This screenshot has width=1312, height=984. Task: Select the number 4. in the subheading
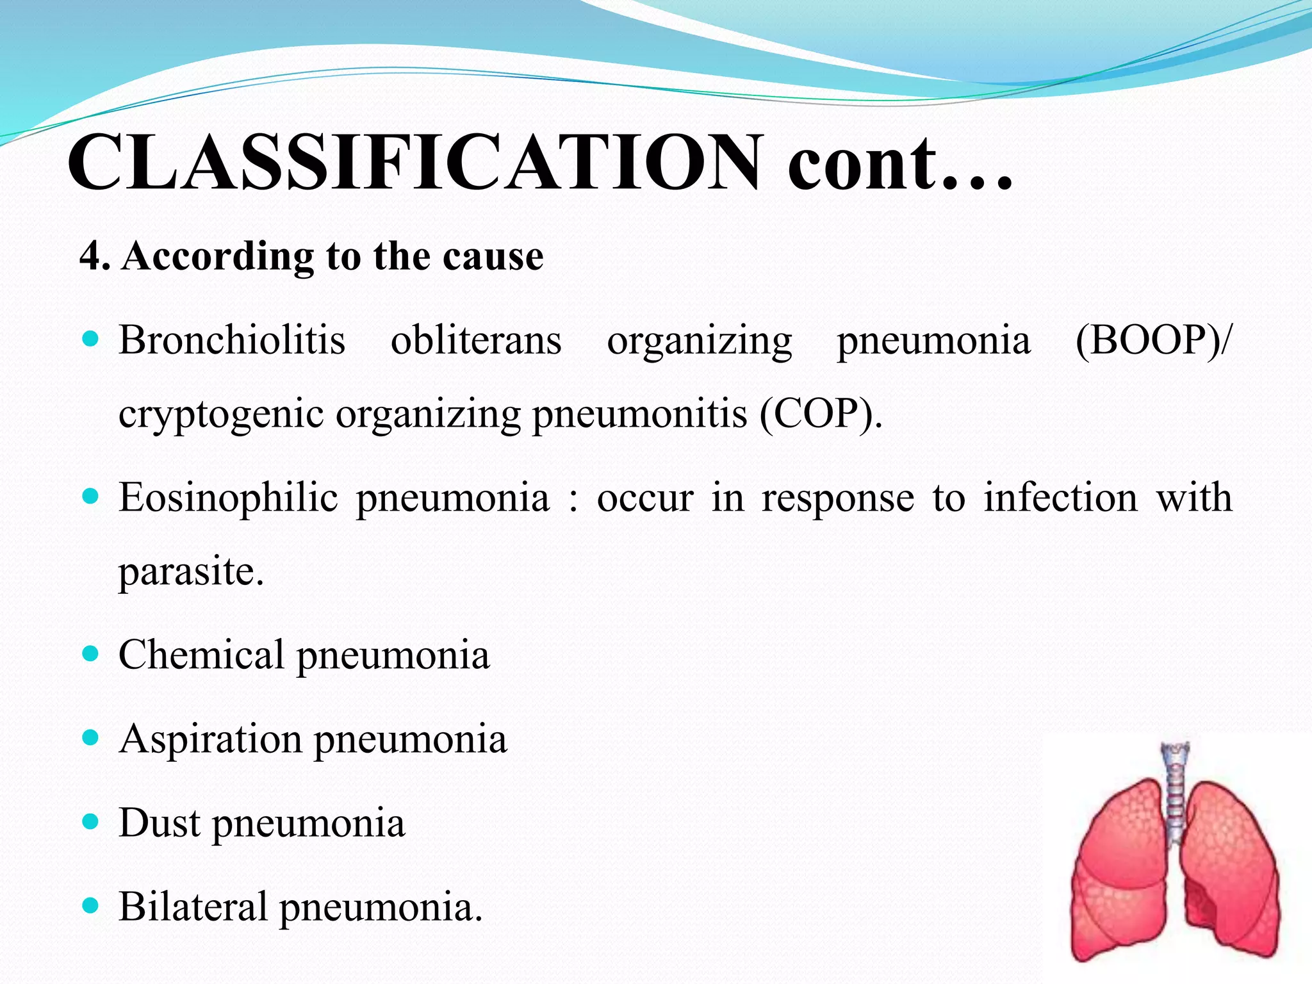coord(94,257)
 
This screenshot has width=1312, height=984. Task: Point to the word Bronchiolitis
coord(232,340)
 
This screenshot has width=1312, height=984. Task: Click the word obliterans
coord(476,340)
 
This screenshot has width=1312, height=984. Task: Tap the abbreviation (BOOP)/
coord(1152,340)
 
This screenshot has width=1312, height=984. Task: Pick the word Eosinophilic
coord(228,497)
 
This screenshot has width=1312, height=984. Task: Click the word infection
coord(1061,497)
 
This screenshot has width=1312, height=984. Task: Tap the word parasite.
coord(191,571)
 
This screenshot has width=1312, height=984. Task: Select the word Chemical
coord(201,655)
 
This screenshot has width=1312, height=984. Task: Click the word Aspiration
coord(210,739)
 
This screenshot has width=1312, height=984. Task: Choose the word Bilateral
coord(193,906)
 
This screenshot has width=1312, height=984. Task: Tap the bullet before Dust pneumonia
coord(91,822)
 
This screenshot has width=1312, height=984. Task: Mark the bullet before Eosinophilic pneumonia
coord(91,496)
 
